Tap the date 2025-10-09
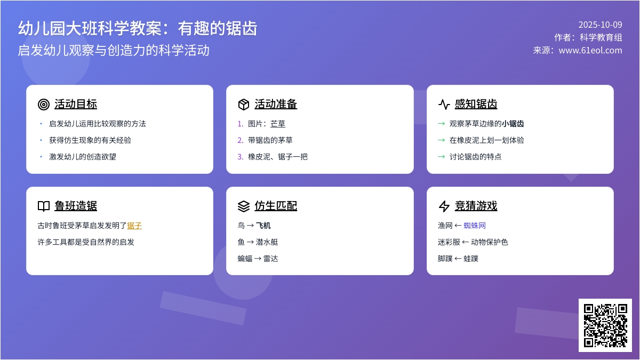pyautogui.click(x=600, y=25)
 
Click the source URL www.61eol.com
pyautogui.click(x=590, y=50)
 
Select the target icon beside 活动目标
pyautogui.click(x=44, y=105)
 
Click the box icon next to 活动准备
pyautogui.click(x=244, y=105)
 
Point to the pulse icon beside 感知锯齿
pyautogui.click(x=444, y=105)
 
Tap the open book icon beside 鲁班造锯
pyautogui.click(x=44, y=206)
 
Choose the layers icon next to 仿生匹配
pyautogui.click(x=244, y=206)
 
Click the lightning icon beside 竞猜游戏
pyautogui.click(x=444, y=206)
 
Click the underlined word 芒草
pyautogui.click(x=278, y=124)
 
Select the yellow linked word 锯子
pyautogui.click(x=134, y=226)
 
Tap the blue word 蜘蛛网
pyautogui.click(x=475, y=226)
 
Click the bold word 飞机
pyautogui.click(x=263, y=226)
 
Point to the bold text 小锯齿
pyautogui.click(x=513, y=124)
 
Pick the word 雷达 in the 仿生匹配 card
pyautogui.click(x=271, y=259)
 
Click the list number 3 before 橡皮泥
pyautogui.click(x=240, y=157)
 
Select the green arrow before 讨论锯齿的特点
pyautogui.click(x=441, y=157)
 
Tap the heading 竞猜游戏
pyautogui.click(x=476, y=206)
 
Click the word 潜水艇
pyautogui.click(x=267, y=242)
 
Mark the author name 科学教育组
pyautogui.click(x=601, y=37)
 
